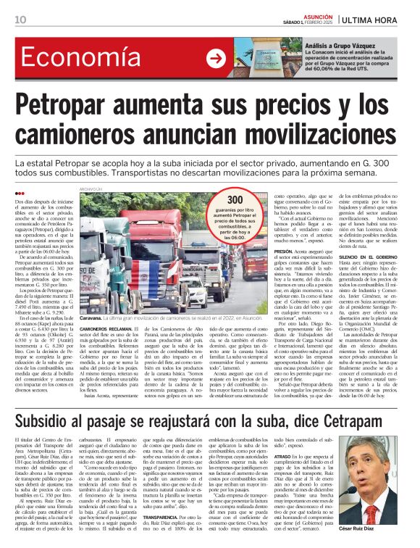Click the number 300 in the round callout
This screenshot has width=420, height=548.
coord(236,200)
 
